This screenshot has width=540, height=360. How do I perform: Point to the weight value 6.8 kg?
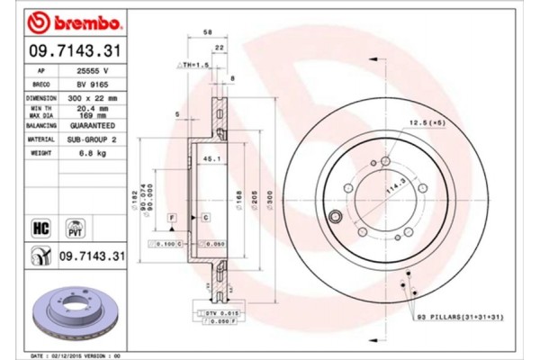click(x=91, y=154)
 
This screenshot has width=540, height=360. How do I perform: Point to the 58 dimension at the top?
click(x=208, y=31)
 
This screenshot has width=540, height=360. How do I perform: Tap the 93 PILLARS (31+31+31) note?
click(x=459, y=319)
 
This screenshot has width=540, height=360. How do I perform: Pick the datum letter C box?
click(x=206, y=219)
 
